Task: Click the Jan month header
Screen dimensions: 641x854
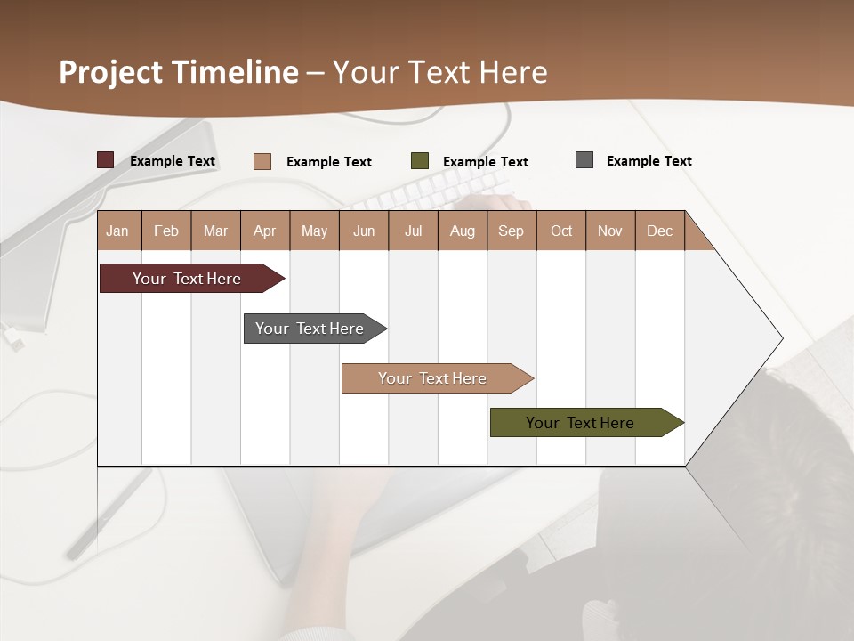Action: (117, 231)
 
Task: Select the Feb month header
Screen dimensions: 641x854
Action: (166, 231)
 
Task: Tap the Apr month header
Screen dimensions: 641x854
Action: (264, 231)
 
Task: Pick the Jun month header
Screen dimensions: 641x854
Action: (364, 231)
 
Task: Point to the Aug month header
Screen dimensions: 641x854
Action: (462, 231)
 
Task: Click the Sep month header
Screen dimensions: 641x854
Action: (511, 231)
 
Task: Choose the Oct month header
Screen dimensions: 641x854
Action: (561, 231)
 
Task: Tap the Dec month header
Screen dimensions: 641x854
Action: (659, 231)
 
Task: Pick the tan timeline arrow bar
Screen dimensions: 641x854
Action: (433, 378)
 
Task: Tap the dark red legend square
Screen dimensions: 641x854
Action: (106, 160)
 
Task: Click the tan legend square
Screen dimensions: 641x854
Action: (262, 161)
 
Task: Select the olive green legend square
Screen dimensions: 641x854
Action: (420, 161)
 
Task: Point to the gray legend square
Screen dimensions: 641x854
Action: (584, 160)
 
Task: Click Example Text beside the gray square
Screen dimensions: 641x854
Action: (649, 161)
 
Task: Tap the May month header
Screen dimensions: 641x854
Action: (314, 231)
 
